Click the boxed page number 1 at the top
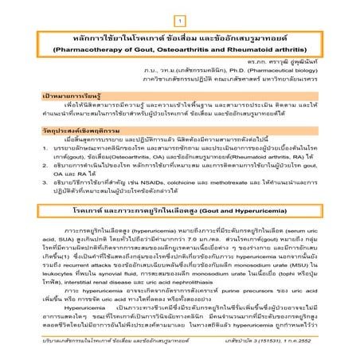[x=180, y=18]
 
